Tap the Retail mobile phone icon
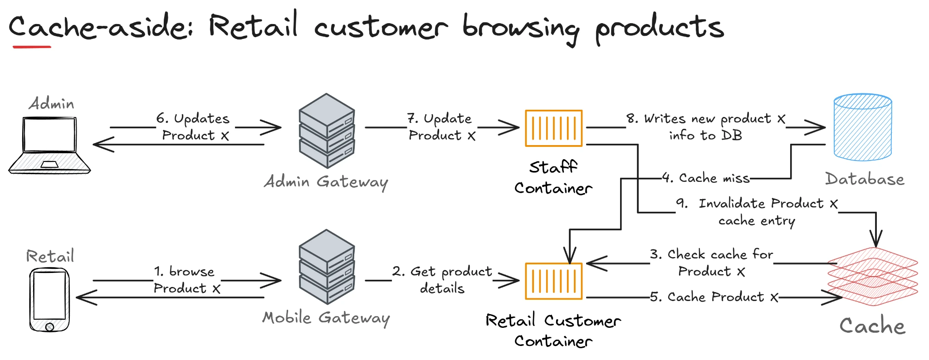point(49,299)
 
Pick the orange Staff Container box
point(553,128)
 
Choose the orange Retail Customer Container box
point(553,281)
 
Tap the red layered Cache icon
point(873,277)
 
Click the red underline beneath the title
point(32,46)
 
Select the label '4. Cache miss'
point(705,178)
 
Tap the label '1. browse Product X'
point(186,280)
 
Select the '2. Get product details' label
point(442,280)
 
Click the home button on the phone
point(49,327)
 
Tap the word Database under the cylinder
point(865,179)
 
